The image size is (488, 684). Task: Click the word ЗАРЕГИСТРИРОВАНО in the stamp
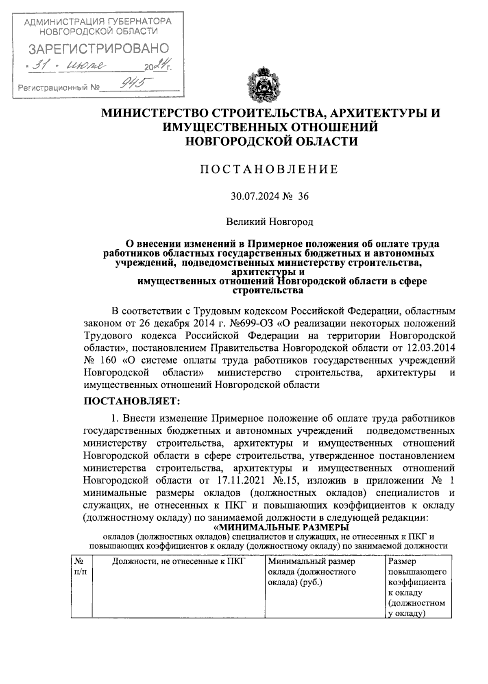tap(98, 49)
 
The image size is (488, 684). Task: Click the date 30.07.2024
tap(255, 197)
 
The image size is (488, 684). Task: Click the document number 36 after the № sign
tap(303, 197)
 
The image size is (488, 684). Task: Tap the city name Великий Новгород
tap(270, 222)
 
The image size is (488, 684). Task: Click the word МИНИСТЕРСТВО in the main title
tap(159, 113)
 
